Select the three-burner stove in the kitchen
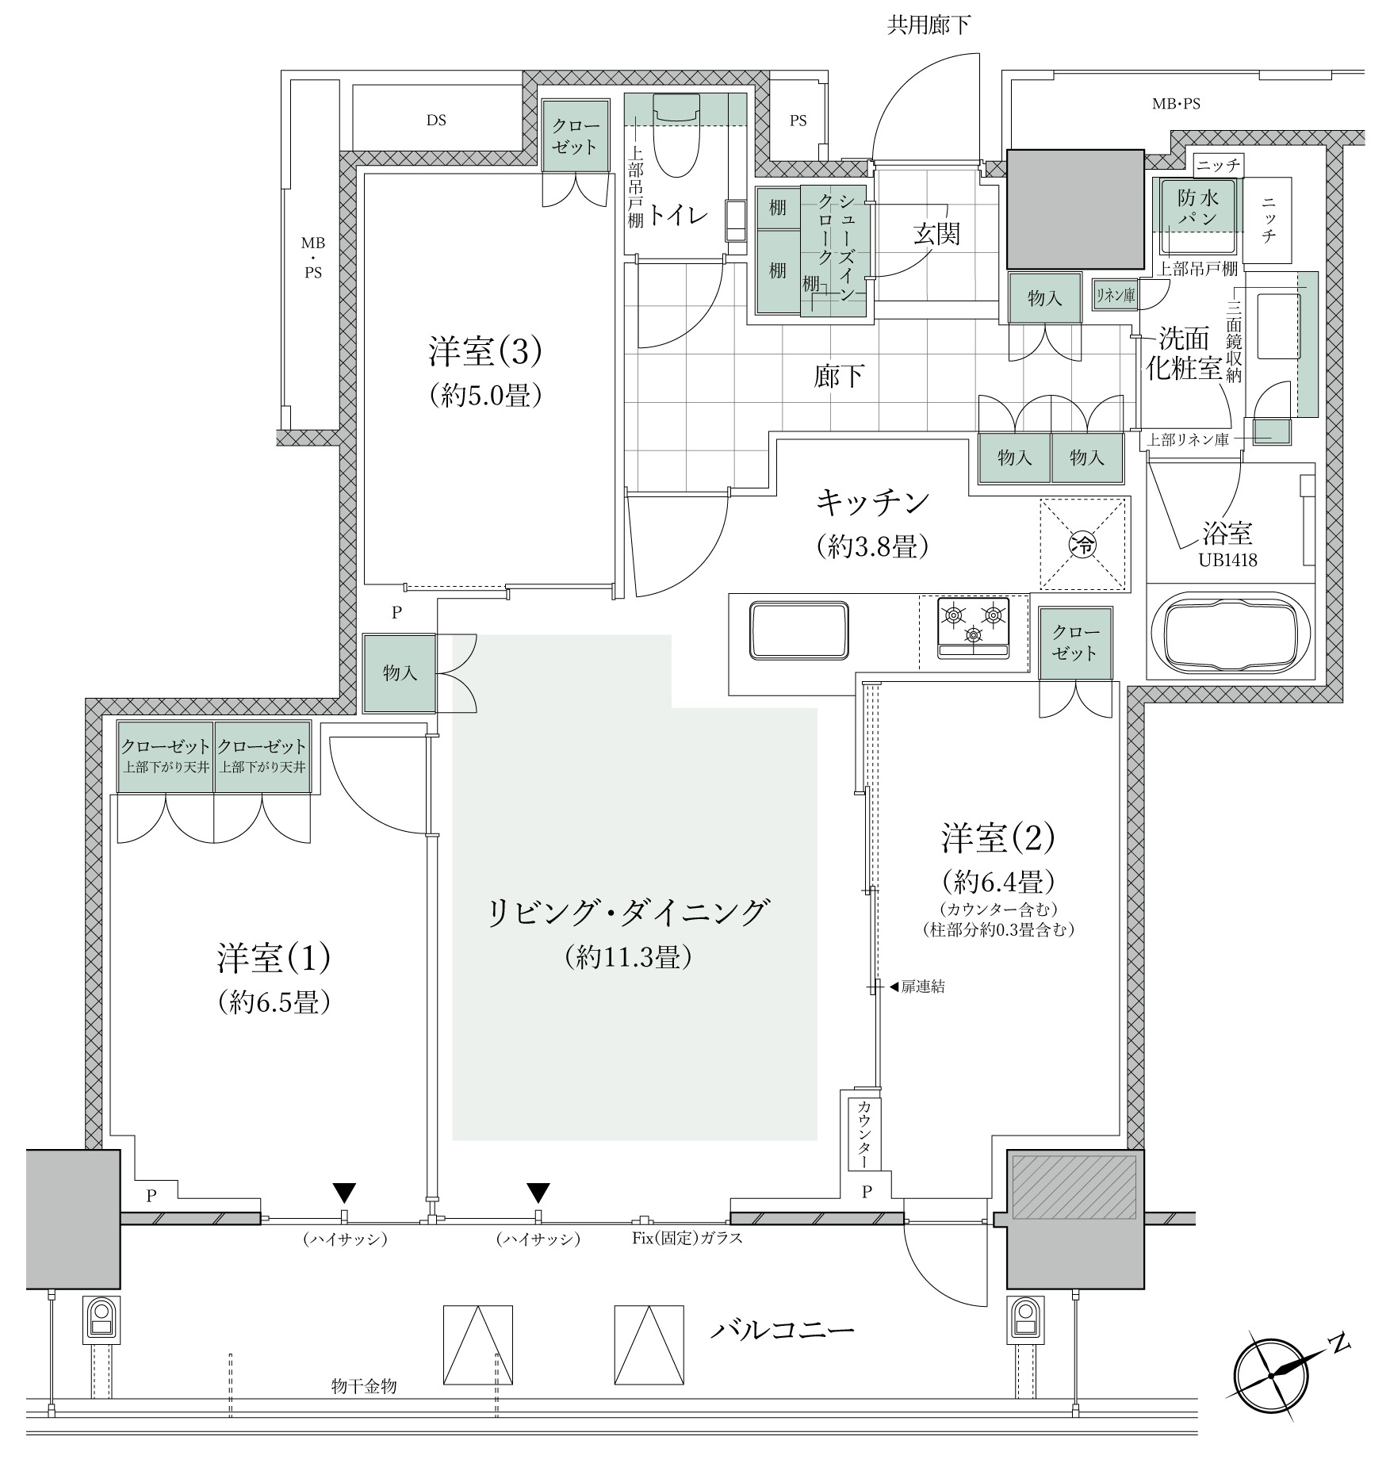tap(973, 627)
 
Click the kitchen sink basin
tap(800, 630)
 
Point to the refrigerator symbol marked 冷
tap(1082, 544)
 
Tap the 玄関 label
tap(937, 234)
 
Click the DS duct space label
tap(436, 120)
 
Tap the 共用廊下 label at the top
tap(929, 26)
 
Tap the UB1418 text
tap(1227, 561)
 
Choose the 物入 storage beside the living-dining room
tap(400, 673)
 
